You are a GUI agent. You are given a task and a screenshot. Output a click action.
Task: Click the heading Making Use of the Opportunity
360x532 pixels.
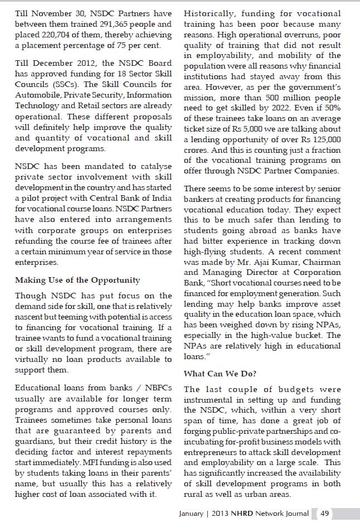(x=77, y=280)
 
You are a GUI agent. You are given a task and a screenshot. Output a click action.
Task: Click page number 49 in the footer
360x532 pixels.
(x=325, y=514)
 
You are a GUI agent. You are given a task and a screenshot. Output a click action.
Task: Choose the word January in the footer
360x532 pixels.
(x=195, y=514)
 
